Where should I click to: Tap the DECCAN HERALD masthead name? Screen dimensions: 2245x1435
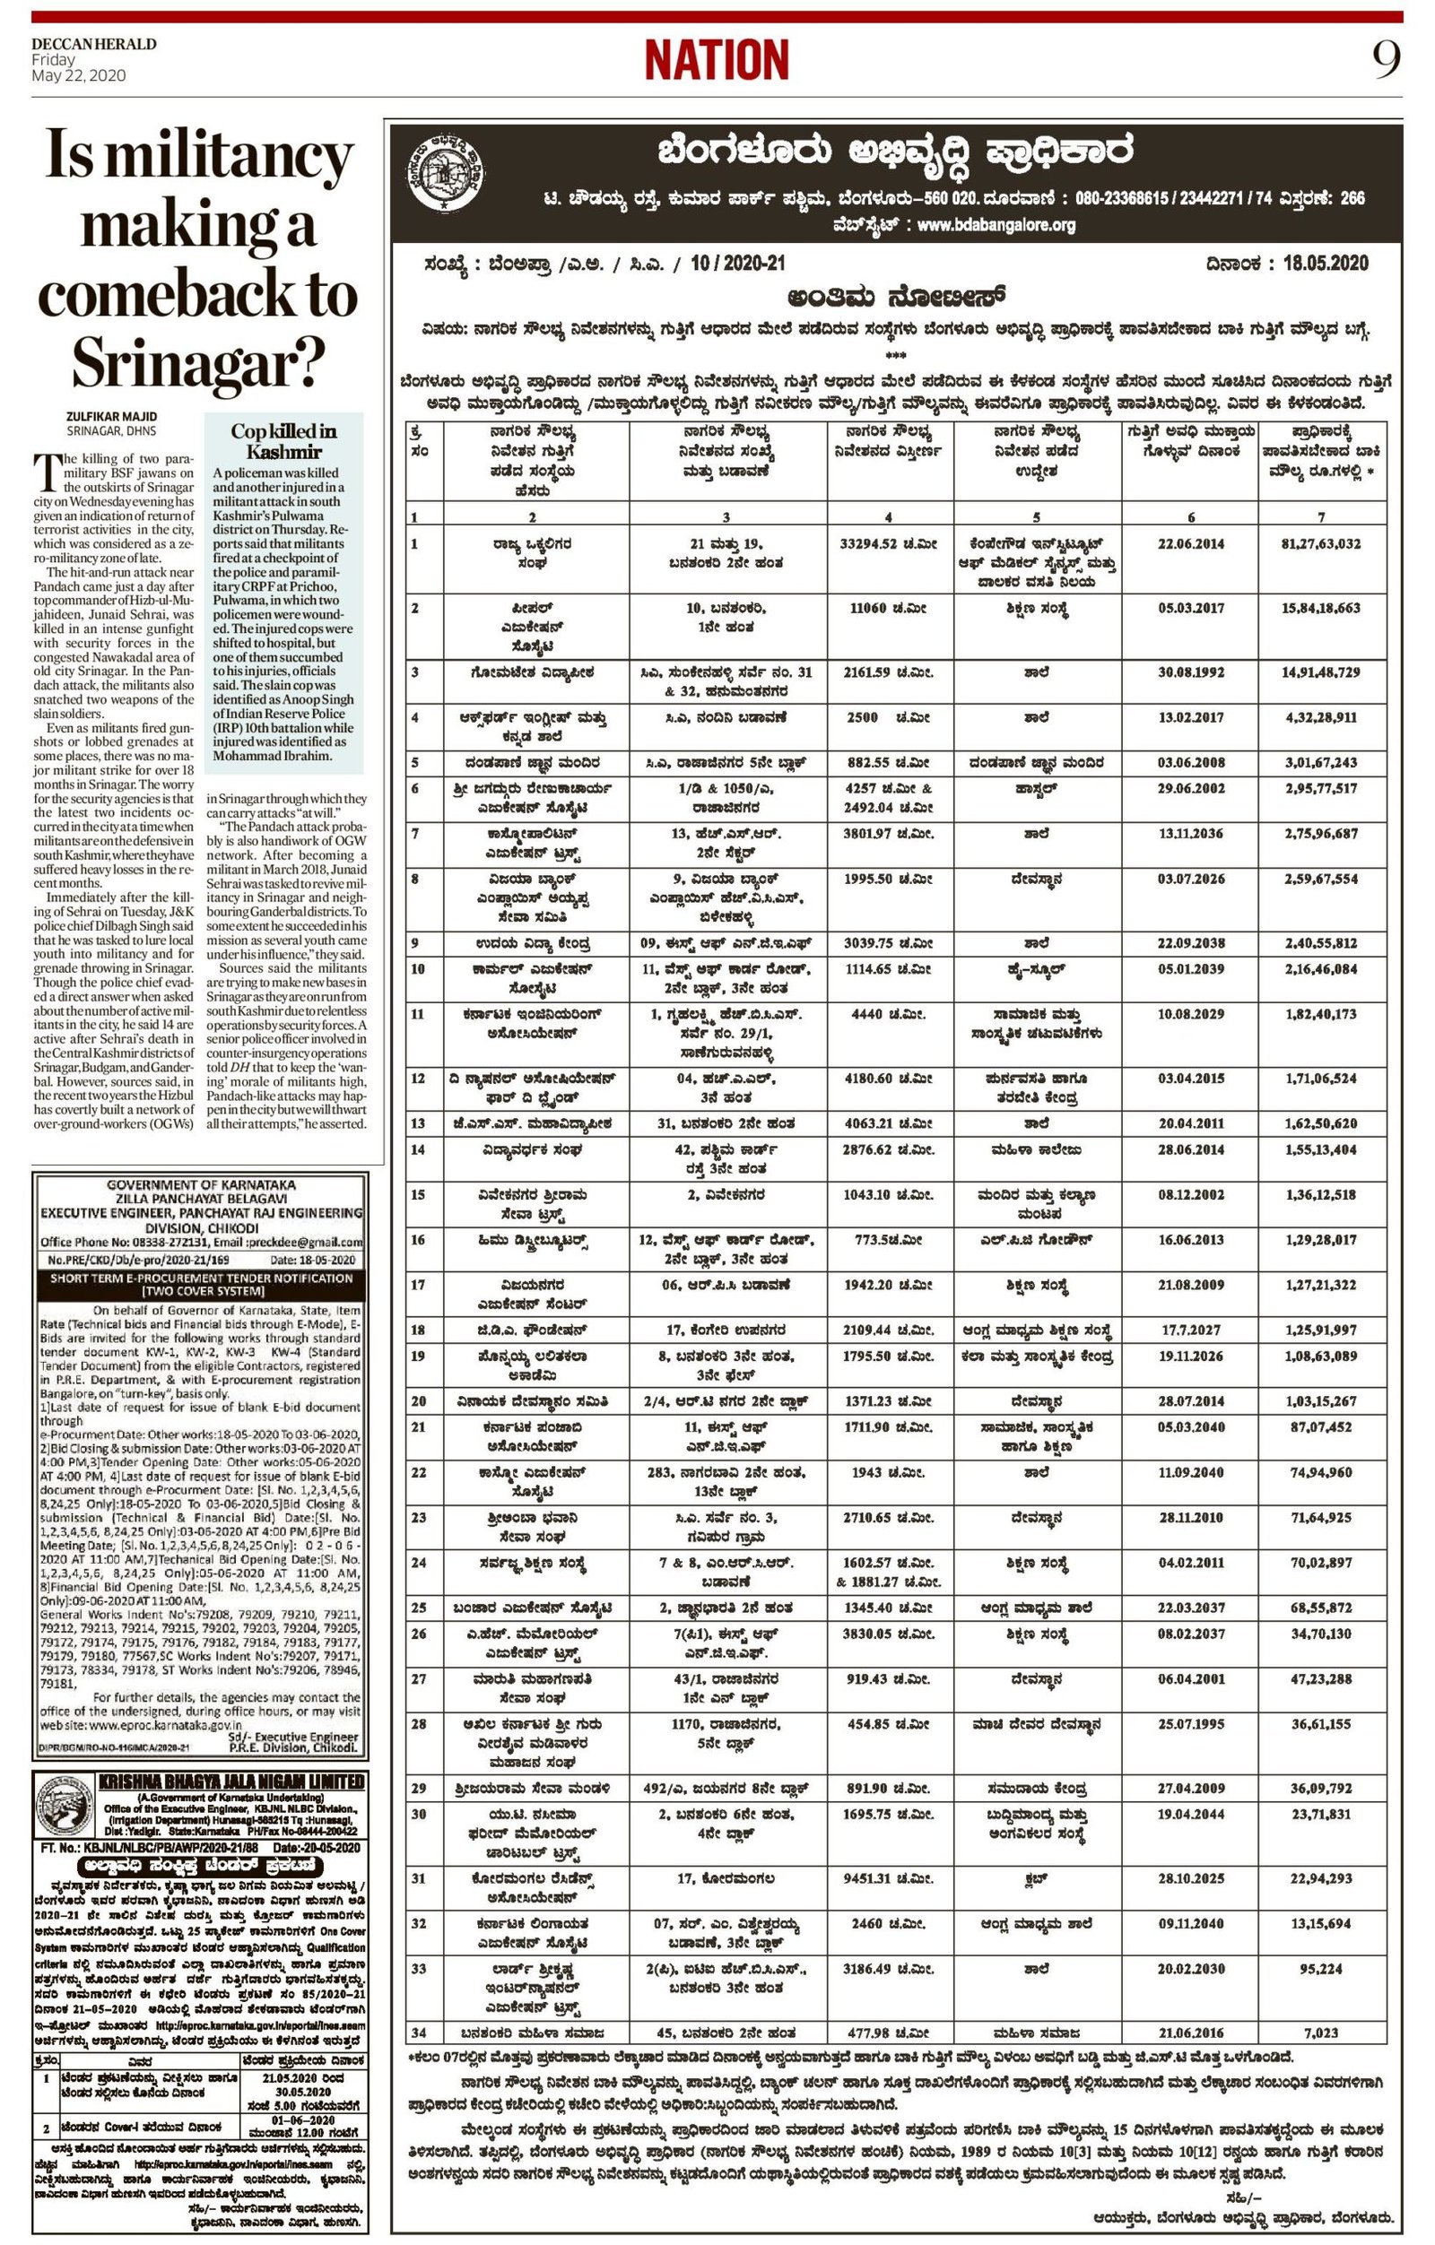pos(93,44)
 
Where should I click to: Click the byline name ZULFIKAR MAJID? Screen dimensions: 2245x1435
pos(112,416)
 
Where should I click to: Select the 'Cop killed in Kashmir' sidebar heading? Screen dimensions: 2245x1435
pos(283,441)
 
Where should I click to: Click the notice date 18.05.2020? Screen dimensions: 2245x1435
pos(1325,263)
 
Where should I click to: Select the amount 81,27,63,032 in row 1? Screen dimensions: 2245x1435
pos(1320,543)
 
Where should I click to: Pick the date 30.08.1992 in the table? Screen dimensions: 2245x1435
pos(1191,672)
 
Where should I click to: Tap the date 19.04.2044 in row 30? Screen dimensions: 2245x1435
pos(1191,1815)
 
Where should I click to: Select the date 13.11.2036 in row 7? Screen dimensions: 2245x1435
pos(1191,834)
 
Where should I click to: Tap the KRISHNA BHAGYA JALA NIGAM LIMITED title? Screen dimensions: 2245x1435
pos(230,1781)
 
